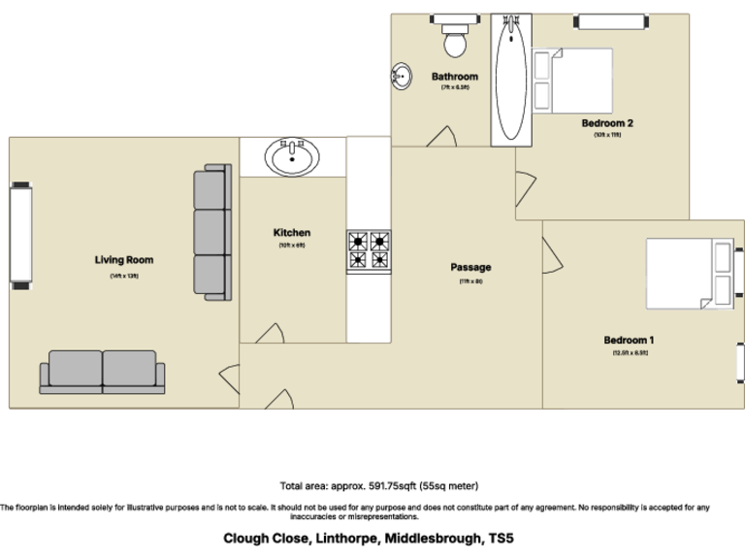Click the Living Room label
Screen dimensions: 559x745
coord(124,260)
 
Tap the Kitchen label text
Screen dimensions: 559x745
coord(292,233)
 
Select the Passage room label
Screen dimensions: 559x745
coord(470,267)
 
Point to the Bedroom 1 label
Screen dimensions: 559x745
coord(629,340)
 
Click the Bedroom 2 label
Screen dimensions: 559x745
coord(607,123)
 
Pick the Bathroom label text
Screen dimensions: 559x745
coord(455,77)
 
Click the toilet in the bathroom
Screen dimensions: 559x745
coord(454,38)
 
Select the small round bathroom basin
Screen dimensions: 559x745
coord(401,76)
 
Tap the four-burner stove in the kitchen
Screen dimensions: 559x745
coord(369,250)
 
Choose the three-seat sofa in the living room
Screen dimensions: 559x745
coord(212,233)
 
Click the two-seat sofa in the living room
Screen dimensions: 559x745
coord(102,372)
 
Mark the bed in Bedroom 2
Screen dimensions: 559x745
coord(572,81)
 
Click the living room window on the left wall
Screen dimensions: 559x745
coord(20,236)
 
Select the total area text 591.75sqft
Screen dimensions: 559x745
coord(378,485)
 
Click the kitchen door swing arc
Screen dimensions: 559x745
coord(270,331)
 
